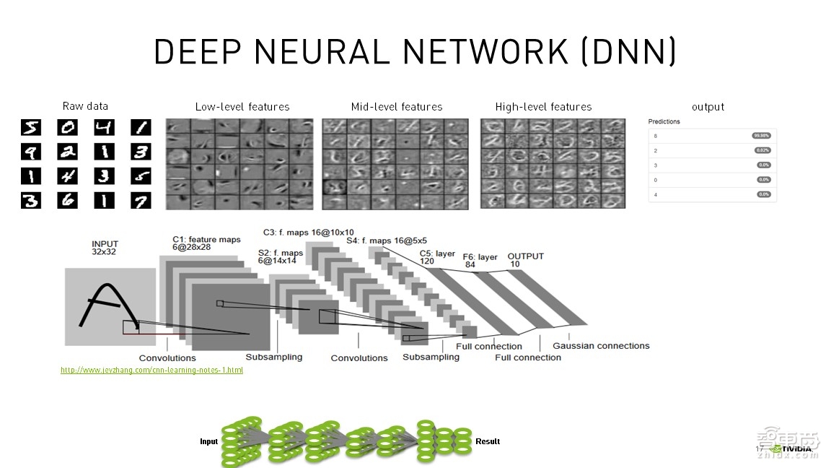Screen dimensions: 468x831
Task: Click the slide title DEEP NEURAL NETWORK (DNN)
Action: pos(415,52)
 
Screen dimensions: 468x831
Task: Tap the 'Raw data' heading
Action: pos(85,106)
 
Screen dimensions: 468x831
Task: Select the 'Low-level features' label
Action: pos(242,107)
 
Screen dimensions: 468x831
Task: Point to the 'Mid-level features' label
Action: pos(397,107)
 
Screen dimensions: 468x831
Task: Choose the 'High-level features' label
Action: pos(543,107)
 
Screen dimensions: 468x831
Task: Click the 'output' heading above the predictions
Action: pos(708,107)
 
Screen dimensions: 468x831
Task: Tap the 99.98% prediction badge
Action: pos(760,135)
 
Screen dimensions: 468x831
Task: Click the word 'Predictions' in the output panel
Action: pos(664,121)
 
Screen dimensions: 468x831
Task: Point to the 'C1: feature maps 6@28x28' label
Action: pos(206,243)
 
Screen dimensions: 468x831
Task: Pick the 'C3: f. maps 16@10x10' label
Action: pos(308,232)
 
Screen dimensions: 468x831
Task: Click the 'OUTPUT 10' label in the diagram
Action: pos(525,260)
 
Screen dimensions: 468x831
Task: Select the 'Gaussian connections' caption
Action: pos(601,346)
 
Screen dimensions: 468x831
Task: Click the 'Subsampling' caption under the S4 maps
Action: pos(431,357)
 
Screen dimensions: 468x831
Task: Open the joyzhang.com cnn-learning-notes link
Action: pos(151,370)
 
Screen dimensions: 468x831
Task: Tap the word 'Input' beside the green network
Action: pos(208,441)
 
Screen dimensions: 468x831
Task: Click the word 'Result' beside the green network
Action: pos(488,441)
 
